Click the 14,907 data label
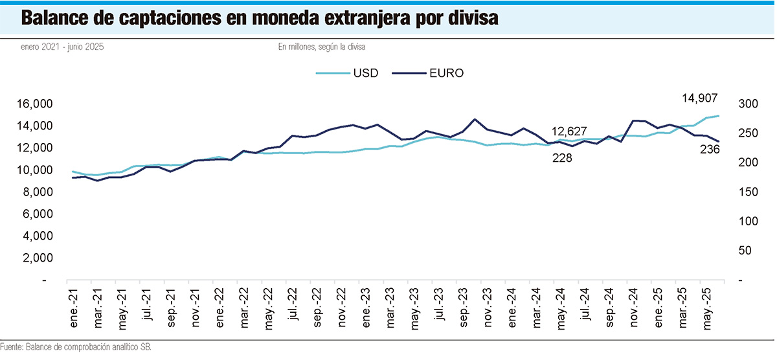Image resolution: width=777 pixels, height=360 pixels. tap(699, 98)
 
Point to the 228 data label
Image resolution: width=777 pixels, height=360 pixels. tap(561, 158)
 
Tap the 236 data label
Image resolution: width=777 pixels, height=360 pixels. tap(710, 150)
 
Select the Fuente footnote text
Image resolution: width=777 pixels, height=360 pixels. tap(76, 348)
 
